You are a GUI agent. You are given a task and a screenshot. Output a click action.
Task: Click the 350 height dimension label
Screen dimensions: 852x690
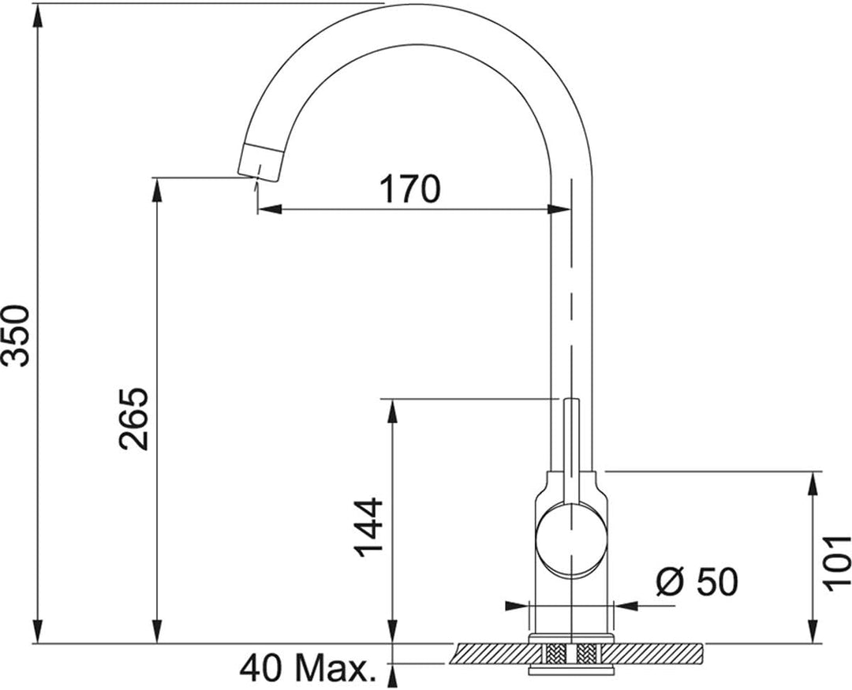pos(16,335)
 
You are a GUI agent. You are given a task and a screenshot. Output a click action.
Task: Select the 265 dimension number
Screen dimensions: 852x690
pos(133,419)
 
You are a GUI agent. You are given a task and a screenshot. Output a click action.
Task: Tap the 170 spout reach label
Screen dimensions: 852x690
pos(409,189)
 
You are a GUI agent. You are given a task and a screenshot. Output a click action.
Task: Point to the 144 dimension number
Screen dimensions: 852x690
pos(369,527)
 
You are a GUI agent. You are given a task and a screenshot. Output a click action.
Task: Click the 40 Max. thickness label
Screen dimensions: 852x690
pos(308,669)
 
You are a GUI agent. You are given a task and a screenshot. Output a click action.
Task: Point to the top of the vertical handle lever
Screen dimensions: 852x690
pos(571,400)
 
